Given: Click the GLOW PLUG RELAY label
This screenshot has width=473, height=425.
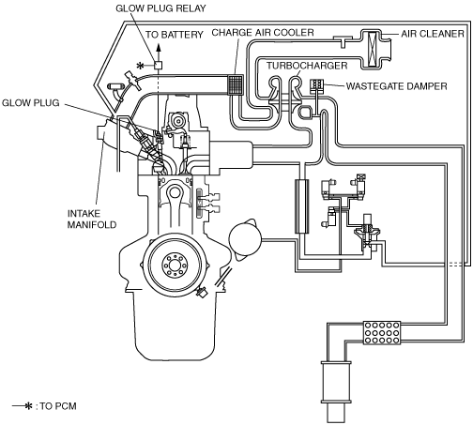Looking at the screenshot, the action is click(160, 8).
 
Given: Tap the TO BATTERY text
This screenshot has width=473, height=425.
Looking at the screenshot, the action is click(175, 35).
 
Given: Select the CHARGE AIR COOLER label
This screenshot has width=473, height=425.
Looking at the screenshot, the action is click(263, 33).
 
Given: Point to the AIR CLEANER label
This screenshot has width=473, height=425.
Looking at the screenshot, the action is click(433, 34).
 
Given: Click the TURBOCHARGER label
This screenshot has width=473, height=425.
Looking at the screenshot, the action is click(307, 66).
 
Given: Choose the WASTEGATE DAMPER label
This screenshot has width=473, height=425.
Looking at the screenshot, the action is click(397, 86).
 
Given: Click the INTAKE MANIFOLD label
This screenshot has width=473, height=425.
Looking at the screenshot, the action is click(92, 219).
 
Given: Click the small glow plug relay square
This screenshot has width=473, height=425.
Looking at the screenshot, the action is click(159, 65).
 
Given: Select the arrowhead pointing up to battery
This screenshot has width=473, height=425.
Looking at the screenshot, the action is click(159, 48).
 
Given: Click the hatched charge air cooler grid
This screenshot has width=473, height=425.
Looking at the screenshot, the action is click(235, 84).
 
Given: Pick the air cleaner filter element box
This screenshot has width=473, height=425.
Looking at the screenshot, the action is click(373, 49).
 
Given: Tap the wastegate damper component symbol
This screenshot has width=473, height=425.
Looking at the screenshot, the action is click(317, 86).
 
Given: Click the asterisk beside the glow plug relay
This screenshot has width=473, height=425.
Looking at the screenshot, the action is click(141, 66).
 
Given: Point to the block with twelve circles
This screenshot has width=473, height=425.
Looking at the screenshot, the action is click(382, 333).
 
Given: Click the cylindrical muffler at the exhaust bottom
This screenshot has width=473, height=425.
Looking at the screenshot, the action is click(336, 383).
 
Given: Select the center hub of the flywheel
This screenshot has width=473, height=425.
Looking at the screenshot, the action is click(175, 266).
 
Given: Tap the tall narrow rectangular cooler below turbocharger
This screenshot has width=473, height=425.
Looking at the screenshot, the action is click(302, 206).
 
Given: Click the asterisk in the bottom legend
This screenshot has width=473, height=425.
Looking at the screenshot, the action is click(29, 406).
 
